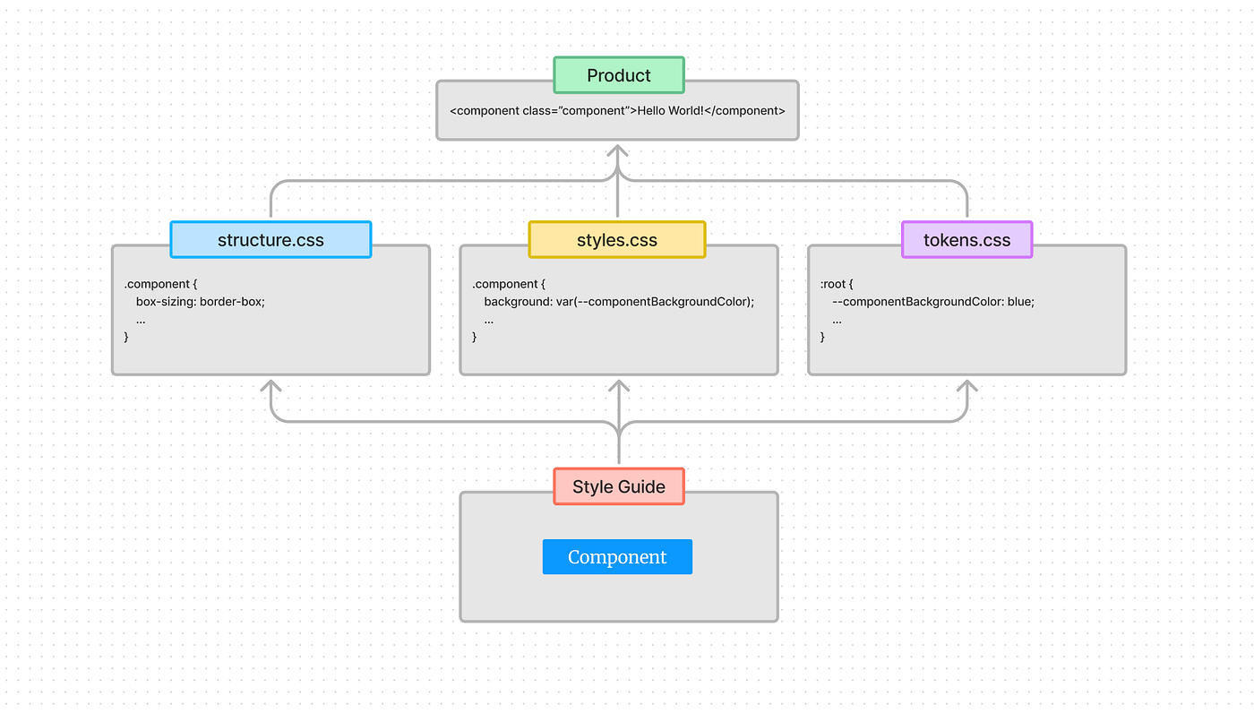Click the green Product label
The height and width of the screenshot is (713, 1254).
click(618, 75)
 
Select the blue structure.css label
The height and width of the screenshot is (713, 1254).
click(271, 240)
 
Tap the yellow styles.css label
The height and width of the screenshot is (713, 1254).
click(617, 240)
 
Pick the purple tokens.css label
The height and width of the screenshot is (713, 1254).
click(966, 240)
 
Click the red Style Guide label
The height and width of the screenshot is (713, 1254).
click(618, 486)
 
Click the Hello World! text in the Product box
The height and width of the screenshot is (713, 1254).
click(670, 111)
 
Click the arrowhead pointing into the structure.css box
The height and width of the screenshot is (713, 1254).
click(271, 387)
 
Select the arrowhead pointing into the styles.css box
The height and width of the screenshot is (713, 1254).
click(618, 387)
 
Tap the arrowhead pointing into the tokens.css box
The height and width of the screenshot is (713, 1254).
click(966, 387)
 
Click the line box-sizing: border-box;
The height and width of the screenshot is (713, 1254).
click(201, 302)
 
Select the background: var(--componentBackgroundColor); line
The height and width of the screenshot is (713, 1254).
click(619, 302)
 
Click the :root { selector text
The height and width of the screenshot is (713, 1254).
click(837, 284)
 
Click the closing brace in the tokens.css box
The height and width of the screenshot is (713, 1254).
click(823, 337)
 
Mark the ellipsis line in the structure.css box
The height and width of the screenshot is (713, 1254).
click(141, 320)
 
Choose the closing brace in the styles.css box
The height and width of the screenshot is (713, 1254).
click(475, 337)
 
